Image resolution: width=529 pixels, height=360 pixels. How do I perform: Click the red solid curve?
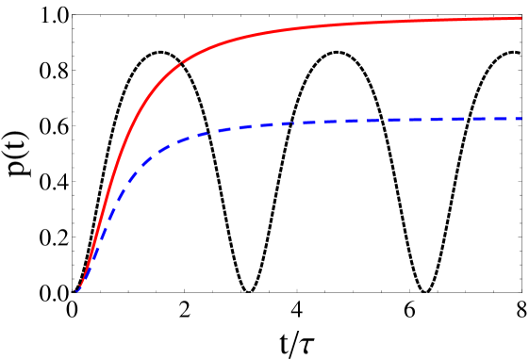283,30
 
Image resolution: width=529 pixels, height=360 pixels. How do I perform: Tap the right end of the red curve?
521,18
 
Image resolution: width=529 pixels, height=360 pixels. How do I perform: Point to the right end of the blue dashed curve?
521,118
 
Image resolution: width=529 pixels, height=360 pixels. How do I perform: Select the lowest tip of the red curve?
80,286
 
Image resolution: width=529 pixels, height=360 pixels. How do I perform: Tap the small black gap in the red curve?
181,64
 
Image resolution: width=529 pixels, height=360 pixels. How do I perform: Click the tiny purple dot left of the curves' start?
75,290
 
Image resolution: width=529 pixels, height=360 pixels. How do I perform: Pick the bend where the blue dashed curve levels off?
179,140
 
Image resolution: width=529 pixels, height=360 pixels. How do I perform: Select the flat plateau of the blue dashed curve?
396,120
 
